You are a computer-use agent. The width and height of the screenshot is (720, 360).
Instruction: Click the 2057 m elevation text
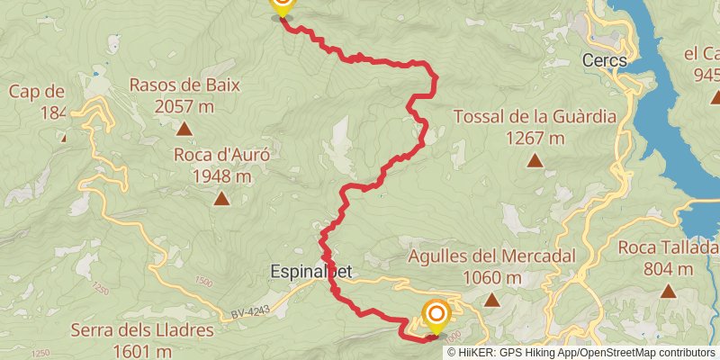(184, 106)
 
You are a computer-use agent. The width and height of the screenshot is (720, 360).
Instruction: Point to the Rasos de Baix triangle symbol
(184, 130)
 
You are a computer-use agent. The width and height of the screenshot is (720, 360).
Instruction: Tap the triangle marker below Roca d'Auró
(220, 197)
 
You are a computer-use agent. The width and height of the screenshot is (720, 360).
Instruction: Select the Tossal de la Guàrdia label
(535, 116)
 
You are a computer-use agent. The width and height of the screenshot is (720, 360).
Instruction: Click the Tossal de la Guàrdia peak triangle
(535, 162)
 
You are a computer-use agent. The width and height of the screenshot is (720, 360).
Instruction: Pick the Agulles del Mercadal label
(491, 256)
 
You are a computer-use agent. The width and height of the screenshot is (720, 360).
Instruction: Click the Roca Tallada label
(668, 248)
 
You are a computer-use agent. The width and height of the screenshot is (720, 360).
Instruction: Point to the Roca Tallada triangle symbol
(668, 292)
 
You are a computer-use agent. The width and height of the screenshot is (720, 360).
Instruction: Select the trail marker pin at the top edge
(282, 5)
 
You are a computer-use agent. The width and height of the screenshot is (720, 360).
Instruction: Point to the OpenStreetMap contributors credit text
(644, 352)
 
